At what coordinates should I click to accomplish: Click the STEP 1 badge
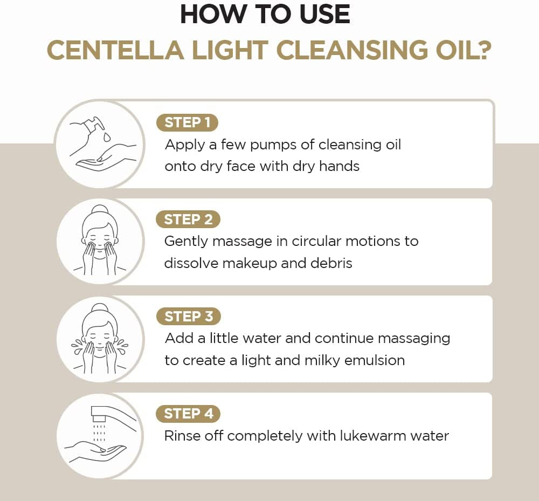click(x=187, y=122)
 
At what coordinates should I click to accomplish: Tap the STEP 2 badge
click(x=188, y=219)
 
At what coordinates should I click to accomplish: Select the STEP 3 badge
click(x=188, y=317)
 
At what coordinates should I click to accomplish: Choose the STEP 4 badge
click(x=188, y=414)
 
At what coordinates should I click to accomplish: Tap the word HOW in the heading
click(x=208, y=15)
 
